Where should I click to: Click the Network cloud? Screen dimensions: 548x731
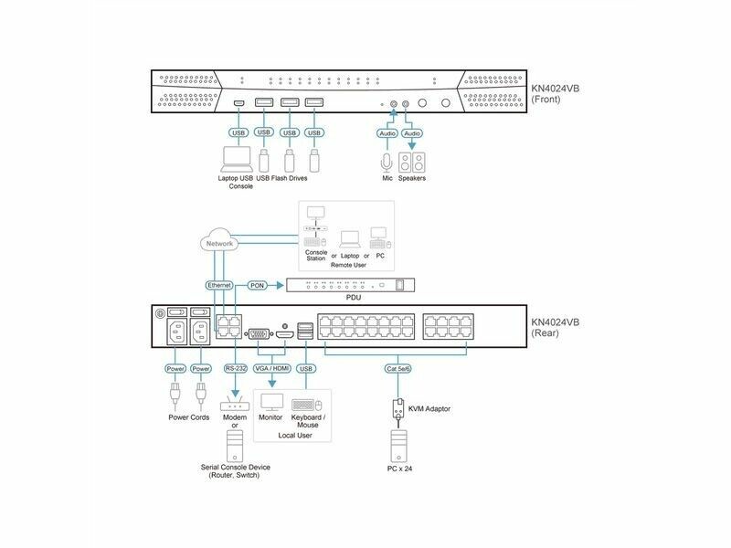coord(220,243)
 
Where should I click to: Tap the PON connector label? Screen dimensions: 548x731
coord(259,286)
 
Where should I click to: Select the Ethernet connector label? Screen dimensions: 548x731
coord(220,286)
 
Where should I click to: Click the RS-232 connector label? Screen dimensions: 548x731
coord(237,369)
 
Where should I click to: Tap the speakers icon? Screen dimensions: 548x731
coord(414,163)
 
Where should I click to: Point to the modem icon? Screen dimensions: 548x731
coord(235,403)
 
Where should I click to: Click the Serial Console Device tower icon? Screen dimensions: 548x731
coord(235,448)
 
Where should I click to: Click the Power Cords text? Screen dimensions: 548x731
coord(189,417)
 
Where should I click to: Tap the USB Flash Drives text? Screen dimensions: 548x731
coord(282,178)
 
